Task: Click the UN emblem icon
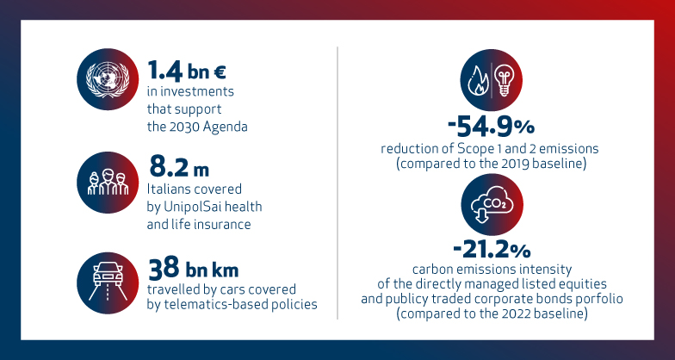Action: tap(108, 79)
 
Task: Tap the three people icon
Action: tap(108, 183)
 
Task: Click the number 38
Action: tap(164, 268)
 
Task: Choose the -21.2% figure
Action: tap(492, 250)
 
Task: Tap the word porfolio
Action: tap(602, 299)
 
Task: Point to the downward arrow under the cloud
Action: tap(481, 216)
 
